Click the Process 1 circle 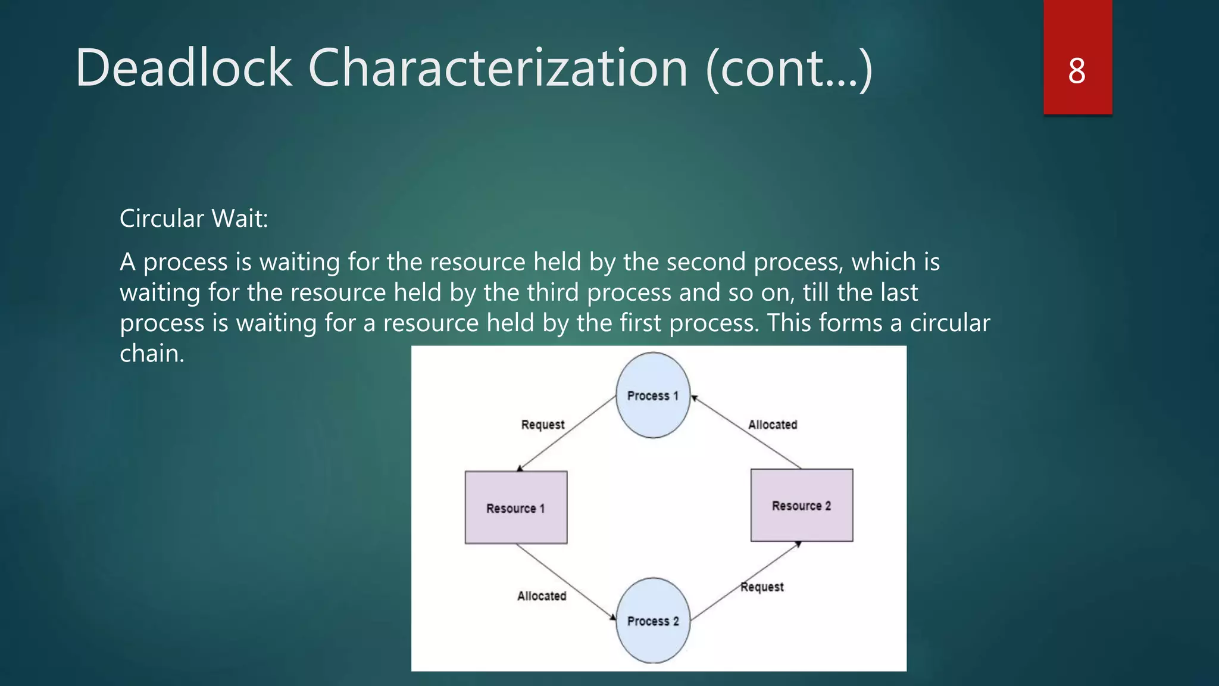tap(653, 395)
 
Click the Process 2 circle tap(653, 620)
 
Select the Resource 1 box tap(515, 507)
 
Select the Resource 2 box tap(801, 505)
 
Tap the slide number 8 tap(1077, 71)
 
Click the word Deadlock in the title tap(184, 68)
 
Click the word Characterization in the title tap(498, 68)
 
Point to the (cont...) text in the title tap(789, 69)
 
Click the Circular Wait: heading tap(194, 219)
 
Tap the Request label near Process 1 tap(542, 425)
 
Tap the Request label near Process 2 tap(762, 587)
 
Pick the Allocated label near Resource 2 tap(772, 425)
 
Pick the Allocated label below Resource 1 tap(542, 595)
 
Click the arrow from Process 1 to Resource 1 tap(567, 434)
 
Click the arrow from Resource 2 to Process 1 tap(746, 432)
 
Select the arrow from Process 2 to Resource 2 tap(746, 581)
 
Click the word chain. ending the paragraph tap(152, 354)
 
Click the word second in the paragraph tap(705, 262)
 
